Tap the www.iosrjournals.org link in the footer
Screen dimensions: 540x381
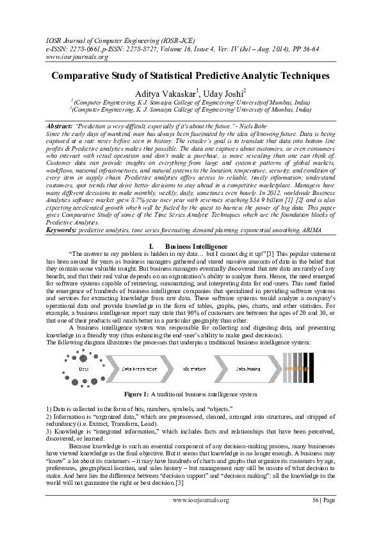point(201,500)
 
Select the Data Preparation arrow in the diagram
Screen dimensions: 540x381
point(138,370)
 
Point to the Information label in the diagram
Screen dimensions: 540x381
point(193,370)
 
